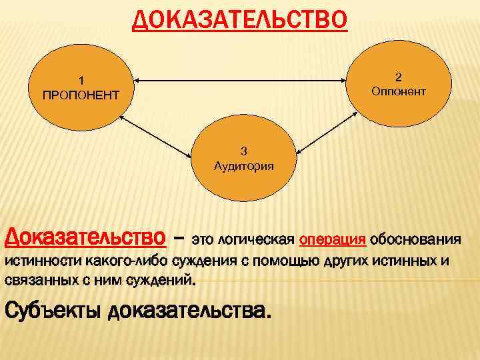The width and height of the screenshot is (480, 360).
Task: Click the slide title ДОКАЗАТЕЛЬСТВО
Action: (x=239, y=21)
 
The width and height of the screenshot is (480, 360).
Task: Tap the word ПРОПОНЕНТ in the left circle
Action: (x=81, y=95)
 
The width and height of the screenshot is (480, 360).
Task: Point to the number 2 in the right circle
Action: (x=397, y=75)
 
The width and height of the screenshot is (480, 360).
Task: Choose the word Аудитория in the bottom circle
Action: (x=243, y=166)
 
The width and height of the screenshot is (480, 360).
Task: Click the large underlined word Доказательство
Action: (x=85, y=237)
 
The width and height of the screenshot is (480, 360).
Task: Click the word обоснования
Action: (x=416, y=238)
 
